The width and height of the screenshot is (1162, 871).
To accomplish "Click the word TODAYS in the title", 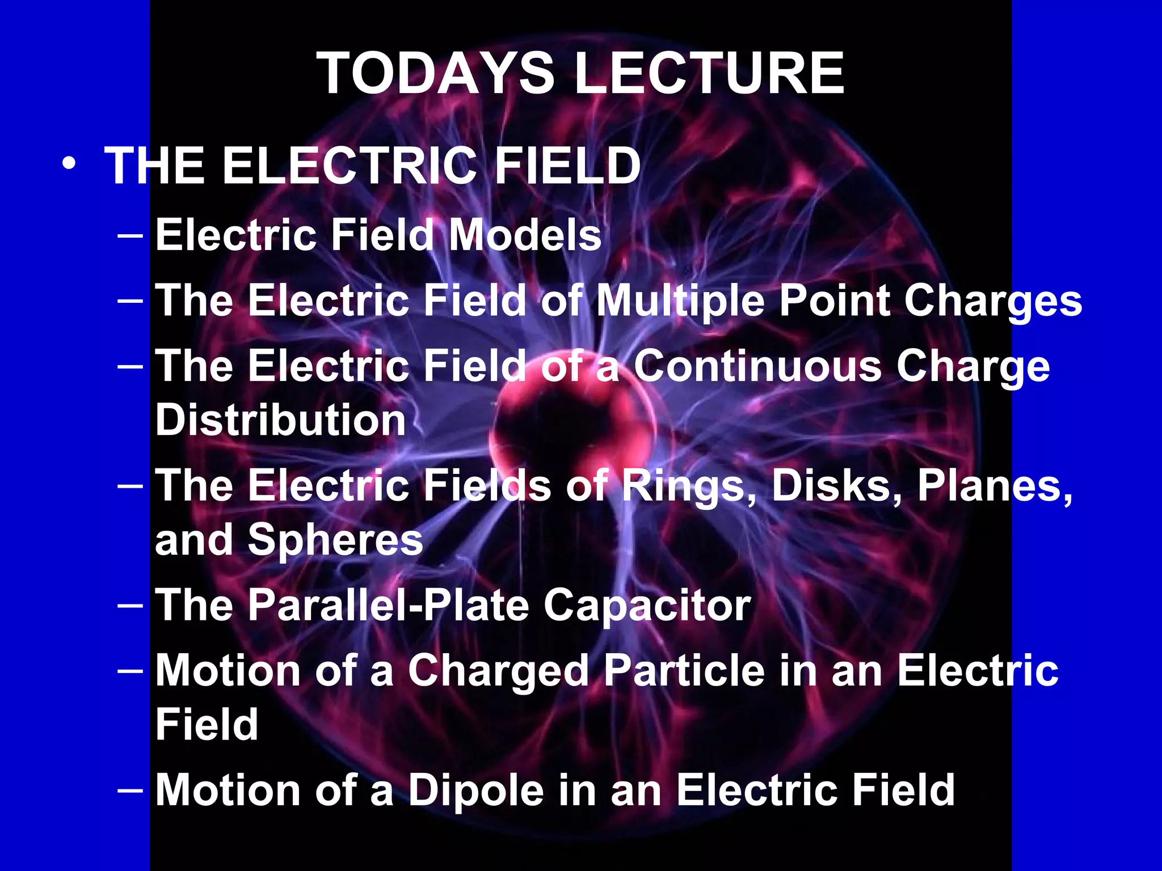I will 436,74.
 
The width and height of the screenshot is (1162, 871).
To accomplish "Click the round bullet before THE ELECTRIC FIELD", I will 69,164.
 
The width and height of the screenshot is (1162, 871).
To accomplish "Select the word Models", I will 525,235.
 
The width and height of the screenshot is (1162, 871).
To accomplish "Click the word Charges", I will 993,300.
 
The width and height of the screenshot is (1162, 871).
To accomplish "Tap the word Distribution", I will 281,420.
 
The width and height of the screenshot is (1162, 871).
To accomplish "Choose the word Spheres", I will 335,540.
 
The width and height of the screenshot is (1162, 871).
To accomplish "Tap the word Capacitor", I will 647,605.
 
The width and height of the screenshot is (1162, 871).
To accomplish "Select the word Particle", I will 684,671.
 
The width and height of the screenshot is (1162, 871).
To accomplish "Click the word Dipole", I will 475,790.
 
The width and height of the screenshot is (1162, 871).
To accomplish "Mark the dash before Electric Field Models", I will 130,235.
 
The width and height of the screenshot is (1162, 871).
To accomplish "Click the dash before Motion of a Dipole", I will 130,789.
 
